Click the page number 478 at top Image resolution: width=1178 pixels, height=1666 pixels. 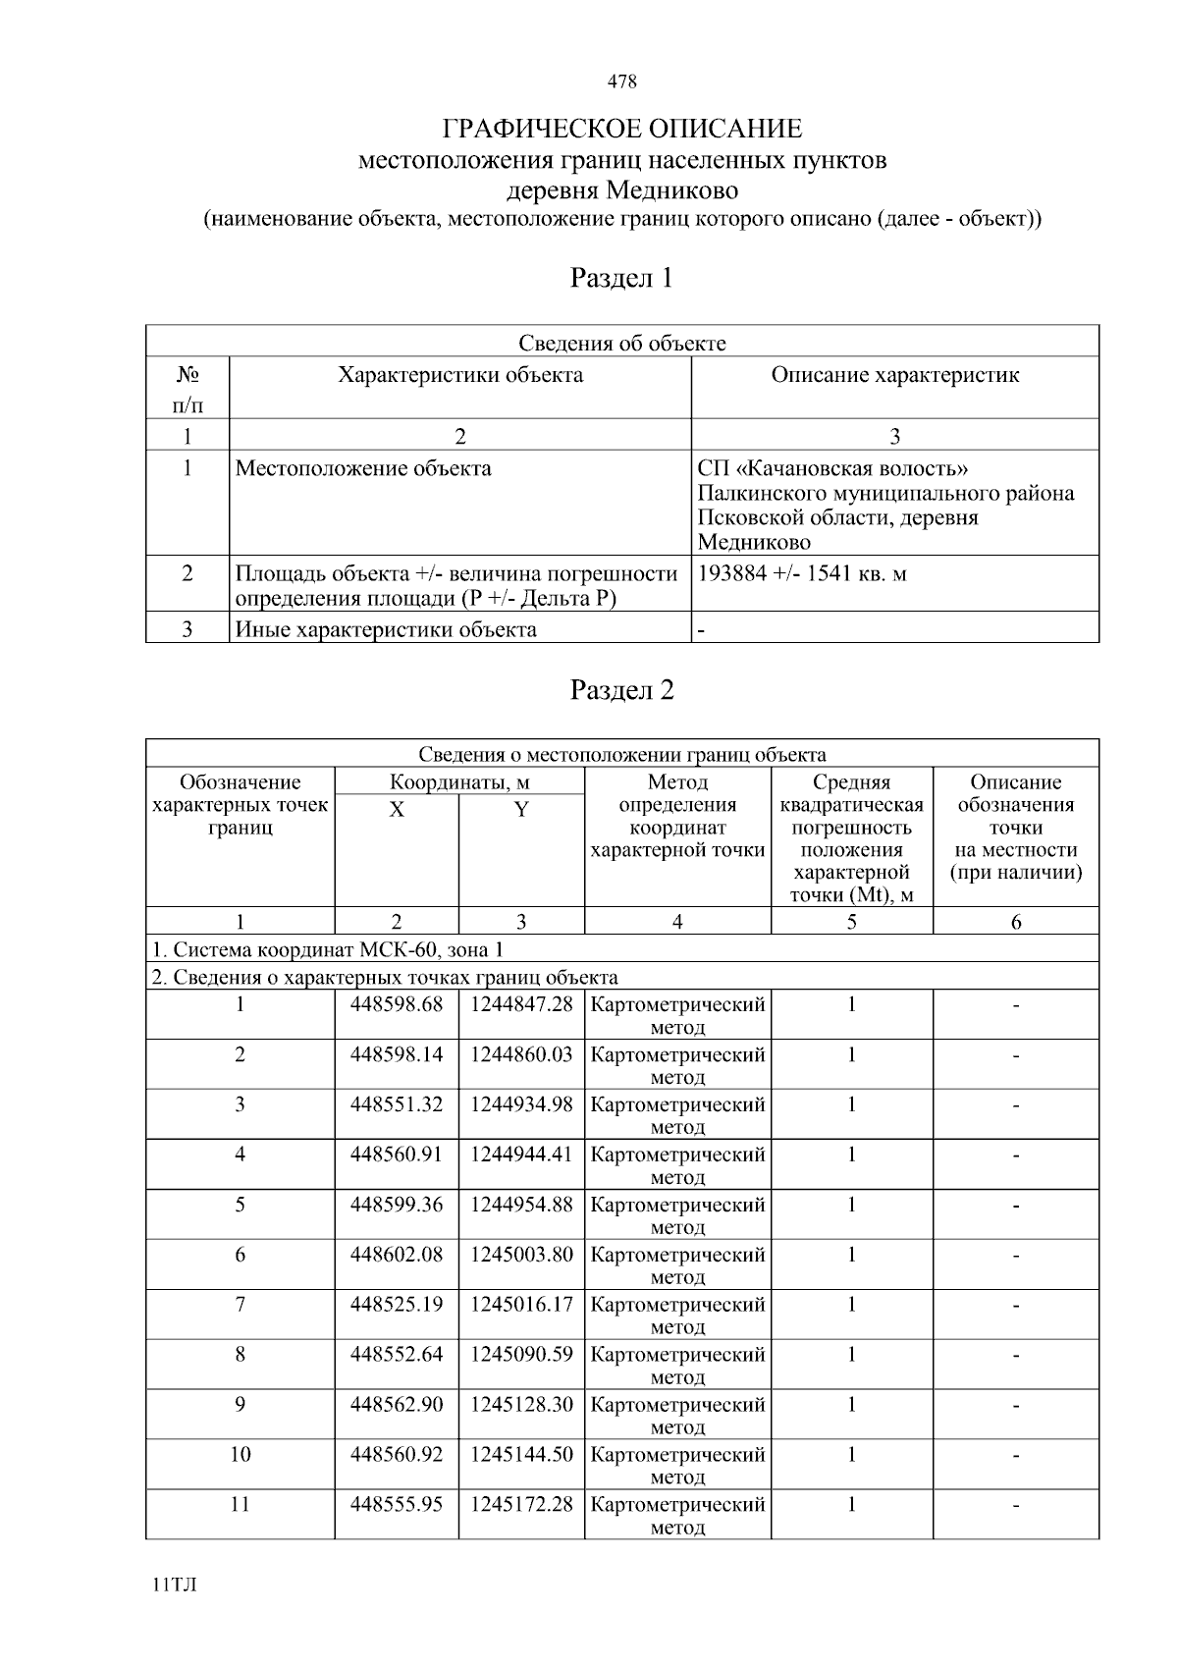[622, 81]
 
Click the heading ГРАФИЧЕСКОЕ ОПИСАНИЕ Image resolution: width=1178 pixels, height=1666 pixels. [622, 129]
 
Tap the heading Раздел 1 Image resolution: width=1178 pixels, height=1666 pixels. [622, 278]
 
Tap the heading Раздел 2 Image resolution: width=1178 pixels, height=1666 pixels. [622, 690]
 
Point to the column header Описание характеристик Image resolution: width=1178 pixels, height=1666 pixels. [894, 375]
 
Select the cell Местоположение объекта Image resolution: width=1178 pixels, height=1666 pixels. [363, 468]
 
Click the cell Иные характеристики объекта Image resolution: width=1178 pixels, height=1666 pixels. [386, 629]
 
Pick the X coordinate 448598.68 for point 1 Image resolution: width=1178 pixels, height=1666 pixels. [397, 1004]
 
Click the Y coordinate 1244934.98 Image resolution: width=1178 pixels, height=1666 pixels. [521, 1104]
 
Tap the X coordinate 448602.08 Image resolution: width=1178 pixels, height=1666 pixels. [397, 1255]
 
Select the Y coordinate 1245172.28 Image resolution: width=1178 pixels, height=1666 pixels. [521, 1504]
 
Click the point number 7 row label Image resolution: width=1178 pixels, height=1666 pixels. [241, 1305]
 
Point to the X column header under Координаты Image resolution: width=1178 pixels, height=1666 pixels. [397, 810]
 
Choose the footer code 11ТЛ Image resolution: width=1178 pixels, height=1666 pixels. [175, 1585]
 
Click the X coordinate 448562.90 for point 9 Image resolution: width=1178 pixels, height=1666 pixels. [397, 1405]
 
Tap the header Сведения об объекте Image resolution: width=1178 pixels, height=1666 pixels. [622, 343]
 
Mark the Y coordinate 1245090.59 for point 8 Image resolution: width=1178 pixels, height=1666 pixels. [521, 1355]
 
